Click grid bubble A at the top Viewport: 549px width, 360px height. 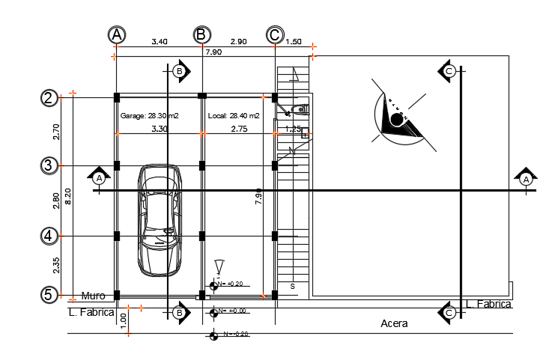pyautogui.click(x=117, y=34)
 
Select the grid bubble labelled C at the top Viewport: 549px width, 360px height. pyautogui.click(x=275, y=34)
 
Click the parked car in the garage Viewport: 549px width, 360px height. pyautogui.click(x=160, y=219)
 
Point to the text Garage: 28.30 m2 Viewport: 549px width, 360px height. pyautogui.click(x=149, y=116)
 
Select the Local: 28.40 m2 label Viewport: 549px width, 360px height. pyautogui.click(x=234, y=116)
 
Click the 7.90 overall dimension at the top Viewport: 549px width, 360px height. pyautogui.click(x=213, y=52)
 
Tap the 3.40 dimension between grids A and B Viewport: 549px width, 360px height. pyautogui.click(x=159, y=42)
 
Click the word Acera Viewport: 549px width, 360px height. pyautogui.click(x=394, y=323)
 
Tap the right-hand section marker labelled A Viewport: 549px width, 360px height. pyautogui.click(x=526, y=179)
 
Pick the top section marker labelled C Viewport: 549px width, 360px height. pyautogui.click(x=449, y=70)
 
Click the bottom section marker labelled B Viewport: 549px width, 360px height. pyautogui.click(x=180, y=312)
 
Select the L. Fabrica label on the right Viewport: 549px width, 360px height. pyautogui.click(x=488, y=304)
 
